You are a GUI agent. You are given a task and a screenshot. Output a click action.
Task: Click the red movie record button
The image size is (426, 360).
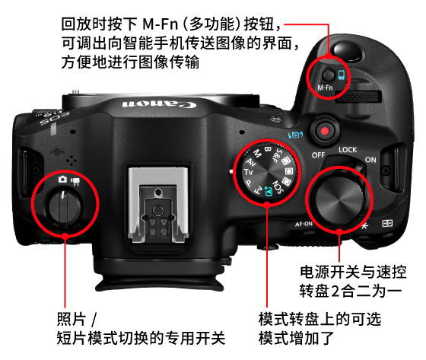(325, 131)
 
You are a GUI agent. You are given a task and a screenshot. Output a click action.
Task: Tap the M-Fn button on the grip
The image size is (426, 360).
(329, 75)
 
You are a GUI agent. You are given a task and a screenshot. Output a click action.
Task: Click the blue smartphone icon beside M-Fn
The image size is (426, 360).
(342, 75)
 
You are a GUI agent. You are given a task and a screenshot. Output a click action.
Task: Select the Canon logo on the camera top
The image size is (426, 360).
(159, 104)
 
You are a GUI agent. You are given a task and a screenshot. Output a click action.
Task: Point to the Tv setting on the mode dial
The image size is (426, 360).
(248, 172)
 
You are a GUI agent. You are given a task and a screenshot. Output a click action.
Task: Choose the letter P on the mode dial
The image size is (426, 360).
(248, 183)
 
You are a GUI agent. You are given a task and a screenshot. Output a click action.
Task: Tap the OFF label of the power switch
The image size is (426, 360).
(318, 155)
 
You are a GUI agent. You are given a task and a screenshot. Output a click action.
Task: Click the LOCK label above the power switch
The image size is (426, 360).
(348, 149)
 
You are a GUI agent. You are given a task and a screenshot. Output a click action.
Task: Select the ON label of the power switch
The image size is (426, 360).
(370, 160)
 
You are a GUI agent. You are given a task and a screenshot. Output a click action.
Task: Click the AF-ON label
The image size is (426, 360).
(304, 224)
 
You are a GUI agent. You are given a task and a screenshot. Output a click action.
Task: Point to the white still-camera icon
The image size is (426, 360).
(62, 179)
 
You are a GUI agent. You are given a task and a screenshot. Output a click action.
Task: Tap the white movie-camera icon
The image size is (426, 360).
(75, 181)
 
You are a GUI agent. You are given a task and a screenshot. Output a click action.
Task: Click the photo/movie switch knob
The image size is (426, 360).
(65, 205)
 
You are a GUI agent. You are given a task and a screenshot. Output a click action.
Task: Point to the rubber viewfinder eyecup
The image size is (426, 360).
(160, 282)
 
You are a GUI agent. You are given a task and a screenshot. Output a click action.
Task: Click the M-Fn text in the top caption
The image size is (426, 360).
(161, 24)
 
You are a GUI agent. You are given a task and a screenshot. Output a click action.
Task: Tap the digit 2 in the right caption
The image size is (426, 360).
(335, 292)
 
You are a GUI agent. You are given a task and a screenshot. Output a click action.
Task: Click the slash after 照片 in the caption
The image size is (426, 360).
(94, 319)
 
